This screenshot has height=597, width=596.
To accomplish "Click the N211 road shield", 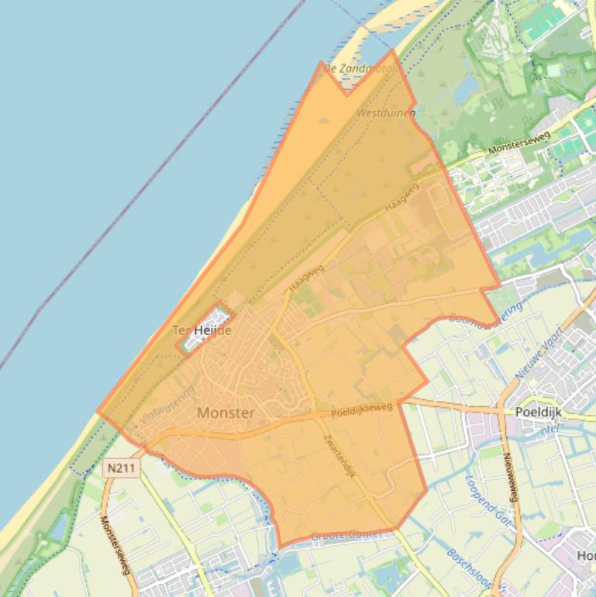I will pos(117,468).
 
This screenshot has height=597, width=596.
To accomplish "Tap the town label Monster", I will pos(226,413).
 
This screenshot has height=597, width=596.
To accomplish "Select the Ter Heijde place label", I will pos(202,330).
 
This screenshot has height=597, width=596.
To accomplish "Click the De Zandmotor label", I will pos(360,68).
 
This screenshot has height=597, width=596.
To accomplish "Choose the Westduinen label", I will pos(386,113).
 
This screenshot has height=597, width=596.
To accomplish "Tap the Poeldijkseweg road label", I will pos(362,409).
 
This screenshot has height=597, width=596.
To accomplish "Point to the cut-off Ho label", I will pos(586,555).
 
